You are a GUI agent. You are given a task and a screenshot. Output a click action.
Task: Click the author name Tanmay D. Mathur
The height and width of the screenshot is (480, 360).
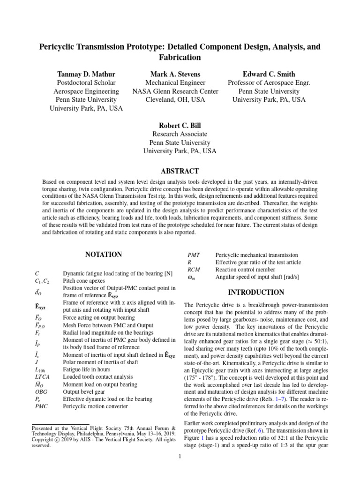86,74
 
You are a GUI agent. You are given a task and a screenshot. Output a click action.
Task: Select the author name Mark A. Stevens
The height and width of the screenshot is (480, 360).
175,74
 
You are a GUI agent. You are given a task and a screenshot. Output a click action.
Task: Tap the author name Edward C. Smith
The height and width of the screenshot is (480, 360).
269,74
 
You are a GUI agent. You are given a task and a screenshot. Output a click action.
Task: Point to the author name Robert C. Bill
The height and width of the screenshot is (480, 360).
180,126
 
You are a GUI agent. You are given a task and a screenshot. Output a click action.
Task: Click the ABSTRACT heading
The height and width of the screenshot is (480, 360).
180,172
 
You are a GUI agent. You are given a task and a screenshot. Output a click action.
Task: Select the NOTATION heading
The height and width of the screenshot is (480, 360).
103,255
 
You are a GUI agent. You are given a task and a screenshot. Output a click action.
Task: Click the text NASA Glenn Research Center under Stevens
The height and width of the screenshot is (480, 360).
175,91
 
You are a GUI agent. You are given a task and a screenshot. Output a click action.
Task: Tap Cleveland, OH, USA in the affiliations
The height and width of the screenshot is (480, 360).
175,100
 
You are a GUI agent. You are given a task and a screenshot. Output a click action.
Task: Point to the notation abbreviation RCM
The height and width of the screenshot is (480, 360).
194,270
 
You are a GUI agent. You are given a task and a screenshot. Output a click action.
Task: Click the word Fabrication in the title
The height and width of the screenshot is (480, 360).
180,58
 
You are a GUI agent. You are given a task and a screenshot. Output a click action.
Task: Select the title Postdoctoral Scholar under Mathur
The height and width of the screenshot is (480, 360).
86,83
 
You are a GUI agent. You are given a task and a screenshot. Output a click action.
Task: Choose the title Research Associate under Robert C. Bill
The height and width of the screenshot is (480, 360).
180,134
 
